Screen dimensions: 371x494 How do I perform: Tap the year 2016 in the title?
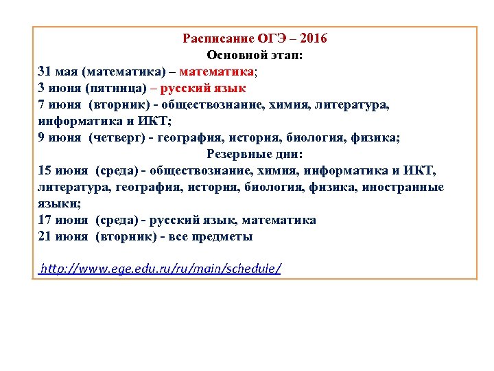click(314, 38)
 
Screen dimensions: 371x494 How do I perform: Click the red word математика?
click(217, 71)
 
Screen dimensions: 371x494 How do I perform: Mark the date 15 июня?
click(63, 170)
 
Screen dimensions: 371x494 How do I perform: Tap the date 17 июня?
click(63, 220)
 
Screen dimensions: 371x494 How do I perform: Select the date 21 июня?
click(63, 236)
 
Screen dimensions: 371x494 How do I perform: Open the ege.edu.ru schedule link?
click(161, 268)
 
